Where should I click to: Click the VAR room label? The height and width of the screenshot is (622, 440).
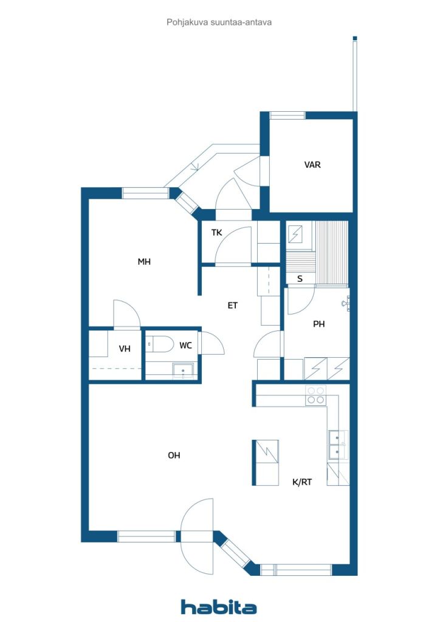click(312, 165)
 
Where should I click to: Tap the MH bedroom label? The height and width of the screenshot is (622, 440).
click(144, 262)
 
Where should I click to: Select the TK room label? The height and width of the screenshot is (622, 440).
click(216, 233)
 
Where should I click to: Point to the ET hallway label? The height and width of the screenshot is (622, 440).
click(233, 306)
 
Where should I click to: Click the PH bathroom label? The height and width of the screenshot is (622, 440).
click(319, 324)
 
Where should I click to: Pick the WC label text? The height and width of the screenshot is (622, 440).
click(186, 346)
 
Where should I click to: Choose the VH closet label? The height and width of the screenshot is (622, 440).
click(125, 349)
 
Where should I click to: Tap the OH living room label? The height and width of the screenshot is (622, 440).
click(174, 456)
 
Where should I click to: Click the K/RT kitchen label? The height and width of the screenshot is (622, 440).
click(302, 482)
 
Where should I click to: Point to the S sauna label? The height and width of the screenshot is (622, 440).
click(300, 279)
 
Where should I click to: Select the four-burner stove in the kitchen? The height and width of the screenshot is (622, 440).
click(315, 395)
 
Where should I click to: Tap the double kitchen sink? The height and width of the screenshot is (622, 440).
click(338, 445)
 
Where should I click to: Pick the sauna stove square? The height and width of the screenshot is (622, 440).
click(295, 234)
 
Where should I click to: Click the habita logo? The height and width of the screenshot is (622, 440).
click(219, 607)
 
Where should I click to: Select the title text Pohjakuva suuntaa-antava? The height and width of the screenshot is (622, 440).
click(219, 22)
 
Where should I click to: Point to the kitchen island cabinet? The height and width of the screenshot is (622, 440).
click(266, 462)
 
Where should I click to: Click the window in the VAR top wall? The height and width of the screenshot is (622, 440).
click(287, 115)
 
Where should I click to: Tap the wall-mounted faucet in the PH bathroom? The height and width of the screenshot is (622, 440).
click(346, 304)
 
